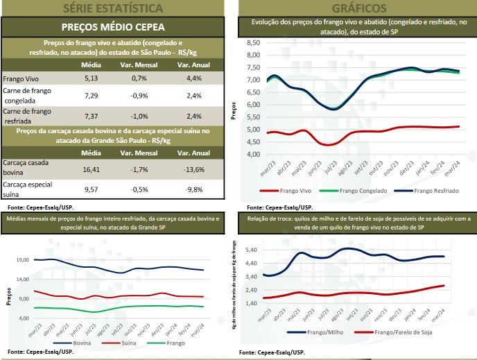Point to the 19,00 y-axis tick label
point(22,259)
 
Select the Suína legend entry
point(122,343)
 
